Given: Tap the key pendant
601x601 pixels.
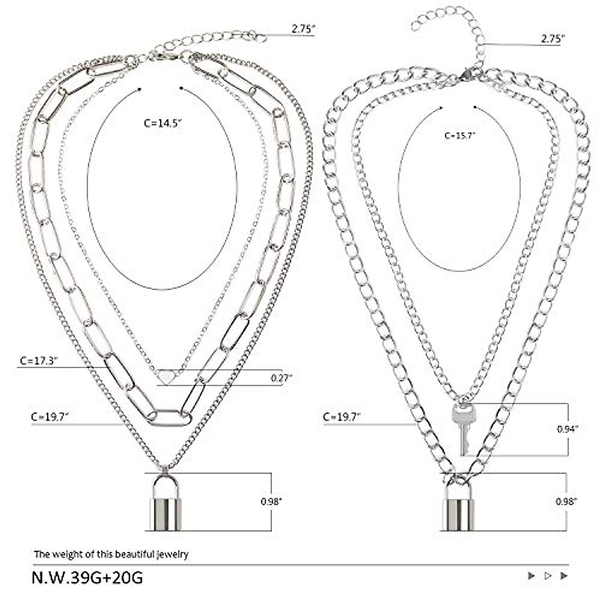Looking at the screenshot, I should (462, 428).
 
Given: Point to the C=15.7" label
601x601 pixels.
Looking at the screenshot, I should (460, 135).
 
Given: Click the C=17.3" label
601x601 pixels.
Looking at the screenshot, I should (39, 360).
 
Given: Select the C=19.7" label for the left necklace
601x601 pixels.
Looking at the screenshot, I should (50, 417).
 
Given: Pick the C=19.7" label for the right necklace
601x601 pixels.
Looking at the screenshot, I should (343, 416).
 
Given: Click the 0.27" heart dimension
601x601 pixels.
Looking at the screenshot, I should (281, 378).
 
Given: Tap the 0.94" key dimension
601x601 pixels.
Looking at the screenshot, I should (567, 429).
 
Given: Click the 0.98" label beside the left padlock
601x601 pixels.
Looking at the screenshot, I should (271, 502).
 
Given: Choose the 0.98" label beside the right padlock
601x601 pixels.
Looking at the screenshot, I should (566, 501).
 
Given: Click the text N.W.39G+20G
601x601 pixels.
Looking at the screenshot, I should (87, 577).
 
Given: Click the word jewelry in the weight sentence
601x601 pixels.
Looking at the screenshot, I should (172, 554).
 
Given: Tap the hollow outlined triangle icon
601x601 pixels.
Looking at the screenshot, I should (547, 576).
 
